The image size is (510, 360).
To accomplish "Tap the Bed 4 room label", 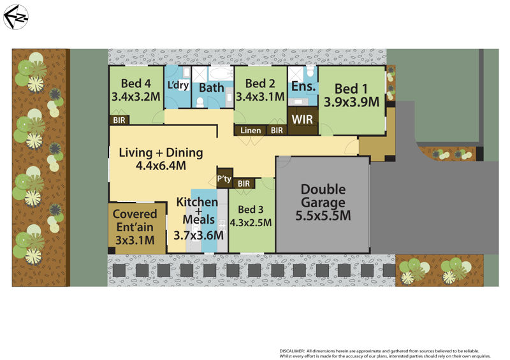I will coord(135,83).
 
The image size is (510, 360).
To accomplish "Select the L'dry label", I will coord(178,85).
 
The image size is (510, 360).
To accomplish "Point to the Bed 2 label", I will coord(259,83).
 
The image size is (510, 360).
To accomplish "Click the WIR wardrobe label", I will coord(302,119).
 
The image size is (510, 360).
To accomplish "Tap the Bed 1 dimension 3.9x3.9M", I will coord(351,101).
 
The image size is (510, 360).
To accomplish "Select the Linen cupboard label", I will coord(251,131).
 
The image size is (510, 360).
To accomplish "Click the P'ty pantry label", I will coord(224,180).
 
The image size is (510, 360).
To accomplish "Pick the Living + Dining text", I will coord(161,152).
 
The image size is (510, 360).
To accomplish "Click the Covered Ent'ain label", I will coord(135,220).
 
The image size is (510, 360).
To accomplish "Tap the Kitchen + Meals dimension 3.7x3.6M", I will coord(199,234).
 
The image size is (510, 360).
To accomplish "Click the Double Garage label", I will coord(323,196).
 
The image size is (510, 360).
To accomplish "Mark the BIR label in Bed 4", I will coord(119,119).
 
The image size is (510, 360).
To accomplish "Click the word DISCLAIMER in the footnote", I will coord(295,351).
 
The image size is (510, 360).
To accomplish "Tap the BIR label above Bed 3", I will coord(244,184).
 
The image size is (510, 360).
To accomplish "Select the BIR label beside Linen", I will coord(277,131).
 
